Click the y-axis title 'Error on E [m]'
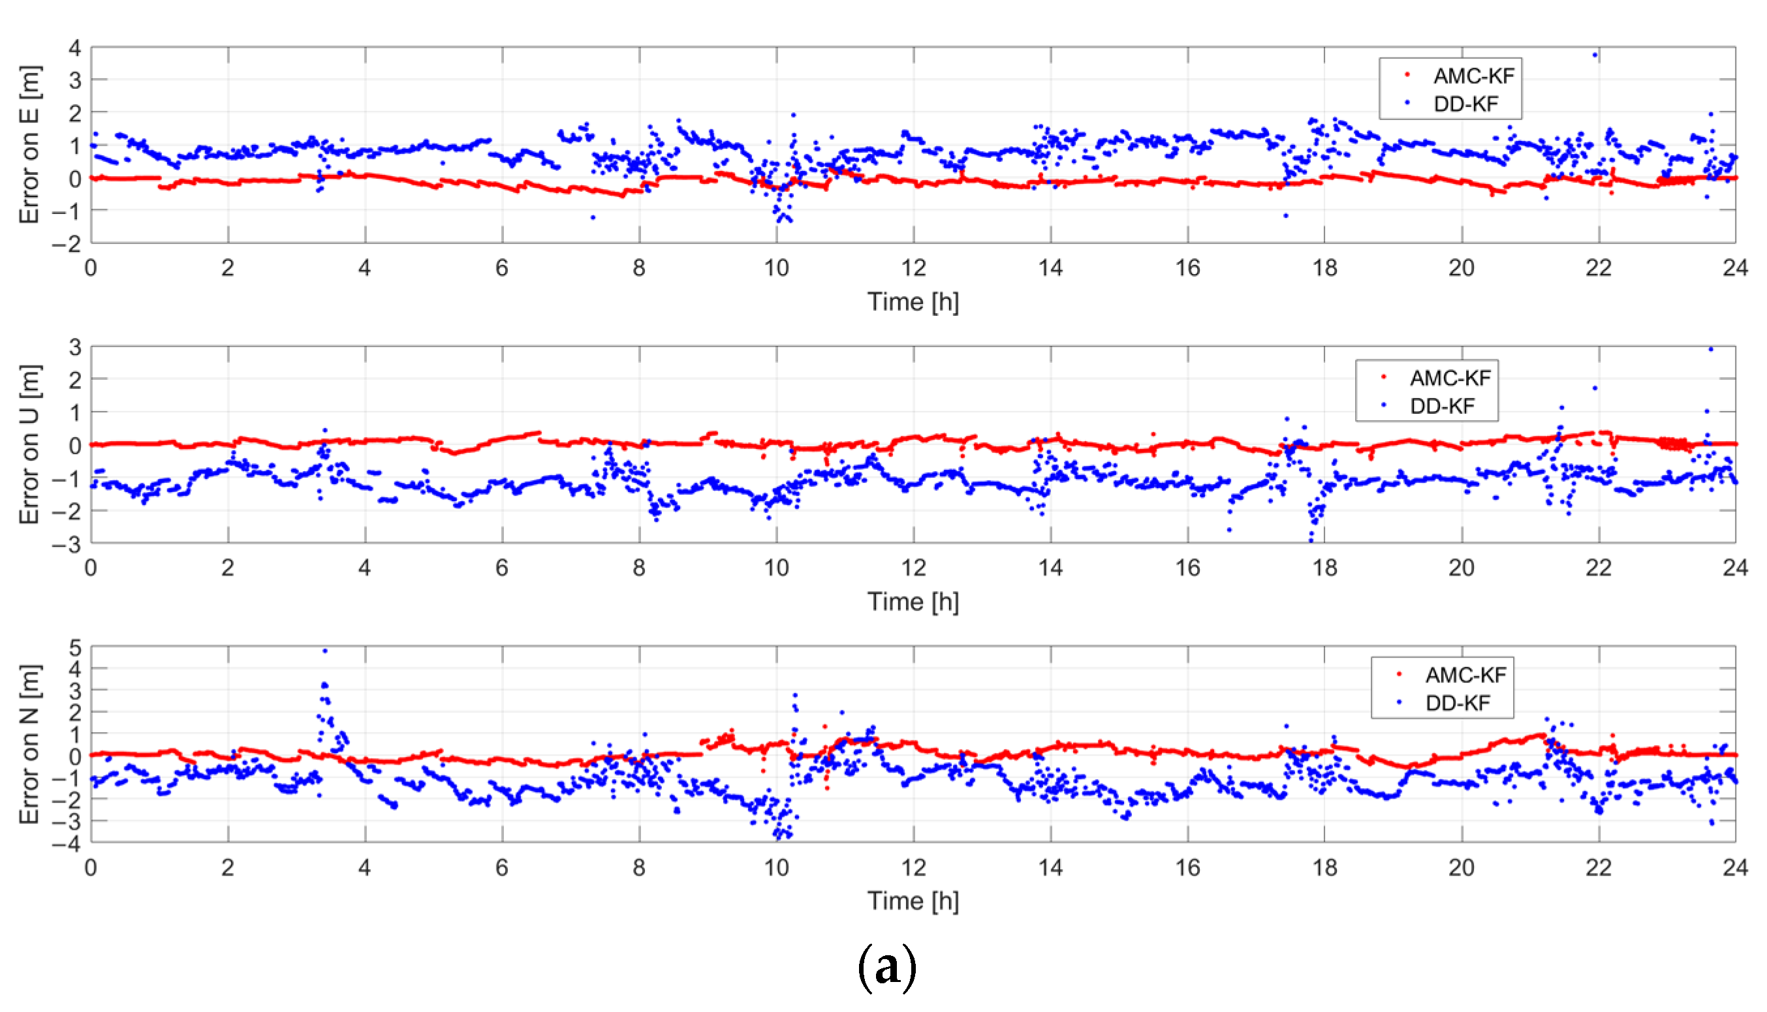(x=29, y=145)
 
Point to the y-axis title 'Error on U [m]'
(x=29, y=444)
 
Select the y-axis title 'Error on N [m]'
(x=29, y=744)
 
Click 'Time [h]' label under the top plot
(x=913, y=301)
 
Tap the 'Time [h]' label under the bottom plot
(x=913, y=901)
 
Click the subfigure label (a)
(x=886, y=967)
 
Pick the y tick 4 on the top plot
(x=74, y=48)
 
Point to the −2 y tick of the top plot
(x=67, y=243)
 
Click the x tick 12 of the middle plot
(x=913, y=568)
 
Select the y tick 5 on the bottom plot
(x=74, y=648)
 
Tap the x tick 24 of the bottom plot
(x=1735, y=867)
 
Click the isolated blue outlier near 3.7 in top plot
(x=1595, y=55)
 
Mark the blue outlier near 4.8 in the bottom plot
(x=324, y=651)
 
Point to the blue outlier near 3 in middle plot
(x=1710, y=349)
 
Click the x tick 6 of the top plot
(x=502, y=268)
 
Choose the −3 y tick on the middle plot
(x=67, y=544)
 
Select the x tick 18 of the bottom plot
(x=1324, y=867)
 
